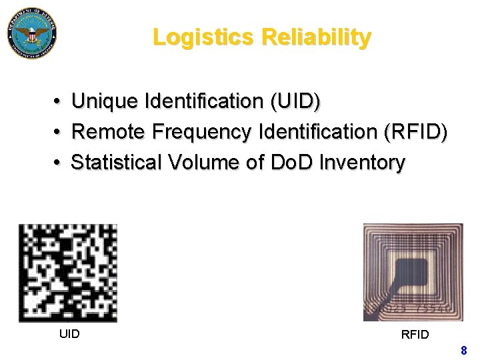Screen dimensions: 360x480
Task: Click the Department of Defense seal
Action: (31, 32)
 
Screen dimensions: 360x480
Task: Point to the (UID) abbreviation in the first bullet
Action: (295, 102)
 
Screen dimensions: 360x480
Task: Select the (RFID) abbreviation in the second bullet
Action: (415, 132)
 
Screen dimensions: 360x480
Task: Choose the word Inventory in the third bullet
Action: (362, 162)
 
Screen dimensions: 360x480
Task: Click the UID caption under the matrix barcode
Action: (69, 333)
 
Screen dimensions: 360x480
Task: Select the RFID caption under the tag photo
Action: (415, 334)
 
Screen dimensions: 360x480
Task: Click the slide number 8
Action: (463, 350)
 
